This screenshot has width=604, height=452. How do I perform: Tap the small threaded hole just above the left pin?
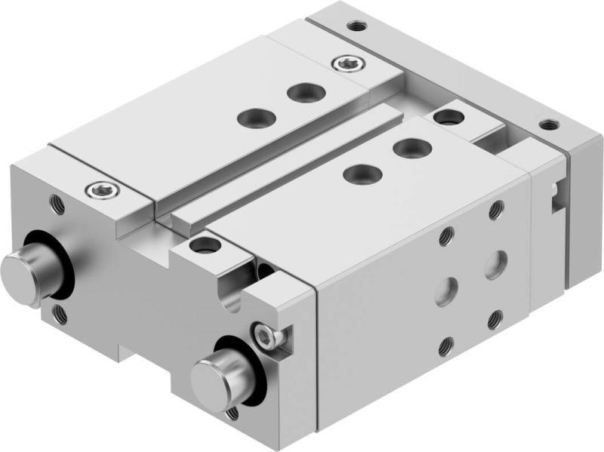(56, 202)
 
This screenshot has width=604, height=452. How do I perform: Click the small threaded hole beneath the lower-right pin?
(231, 413)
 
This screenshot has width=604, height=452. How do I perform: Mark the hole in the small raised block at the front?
(202, 245)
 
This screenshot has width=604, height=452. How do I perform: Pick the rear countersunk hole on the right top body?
(408, 146)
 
